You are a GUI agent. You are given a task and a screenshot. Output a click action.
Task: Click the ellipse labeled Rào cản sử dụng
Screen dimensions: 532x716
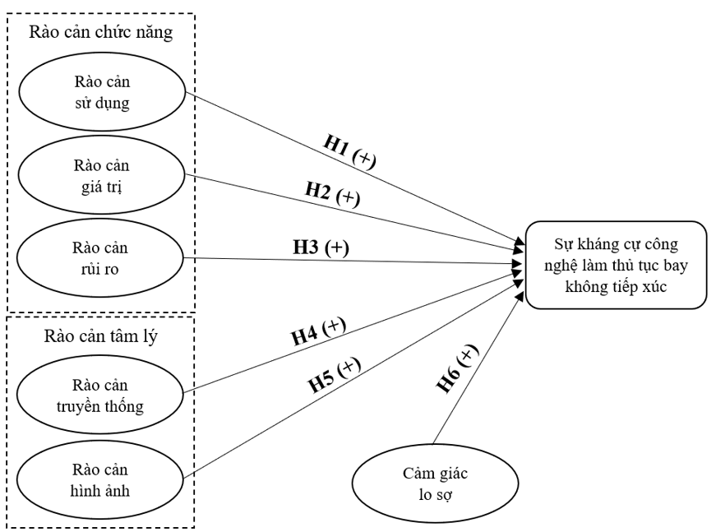pos(102,92)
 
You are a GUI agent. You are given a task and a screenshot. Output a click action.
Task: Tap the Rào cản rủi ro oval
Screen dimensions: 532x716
pos(102,257)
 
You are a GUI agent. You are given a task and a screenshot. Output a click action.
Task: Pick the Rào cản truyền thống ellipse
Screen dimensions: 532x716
pos(102,396)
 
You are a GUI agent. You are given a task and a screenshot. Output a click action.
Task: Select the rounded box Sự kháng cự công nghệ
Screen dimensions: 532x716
pos(616,265)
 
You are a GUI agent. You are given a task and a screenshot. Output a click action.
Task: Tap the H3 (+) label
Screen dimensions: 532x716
pos(321,247)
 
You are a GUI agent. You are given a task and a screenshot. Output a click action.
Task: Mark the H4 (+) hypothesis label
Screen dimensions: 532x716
pos(318,331)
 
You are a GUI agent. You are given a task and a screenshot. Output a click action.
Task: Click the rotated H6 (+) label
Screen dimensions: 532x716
pos(457,369)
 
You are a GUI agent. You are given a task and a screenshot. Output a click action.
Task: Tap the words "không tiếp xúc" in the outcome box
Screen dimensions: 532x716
pos(616,287)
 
